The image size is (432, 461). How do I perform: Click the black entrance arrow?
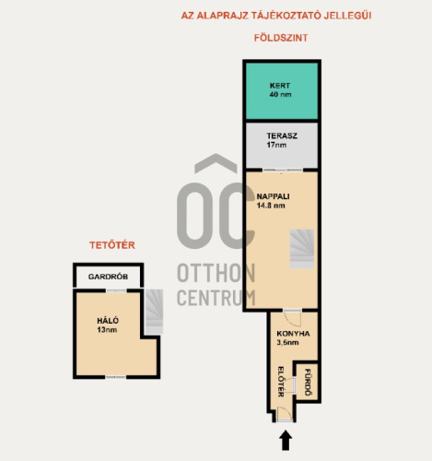[286, 440]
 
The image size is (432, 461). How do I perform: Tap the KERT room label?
[280, 86]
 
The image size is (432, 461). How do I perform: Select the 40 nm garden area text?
[280, 94]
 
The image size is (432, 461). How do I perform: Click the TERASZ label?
[282, 136]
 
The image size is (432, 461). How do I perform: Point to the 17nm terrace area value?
[276, 145]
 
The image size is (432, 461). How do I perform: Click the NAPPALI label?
[273, 196]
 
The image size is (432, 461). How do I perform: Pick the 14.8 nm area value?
[271, 206]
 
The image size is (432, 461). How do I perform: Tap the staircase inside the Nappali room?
[302, 249]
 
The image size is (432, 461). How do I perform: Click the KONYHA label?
[293, 334]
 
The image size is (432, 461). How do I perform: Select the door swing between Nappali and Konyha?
[292, 318]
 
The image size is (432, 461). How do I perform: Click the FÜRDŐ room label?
[308, 383]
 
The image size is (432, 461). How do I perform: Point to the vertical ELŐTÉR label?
[281, 382]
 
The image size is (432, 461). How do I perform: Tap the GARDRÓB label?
[108, 277]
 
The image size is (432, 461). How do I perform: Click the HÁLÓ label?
[108, 321]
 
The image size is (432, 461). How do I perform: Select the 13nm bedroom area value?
[107, 330]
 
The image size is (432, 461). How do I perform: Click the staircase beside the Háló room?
[154, 312]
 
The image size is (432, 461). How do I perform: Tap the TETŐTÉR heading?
[112, 245]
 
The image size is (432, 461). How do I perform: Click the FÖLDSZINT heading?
[281, 38]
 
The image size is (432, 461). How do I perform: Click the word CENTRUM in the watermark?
[216, 298]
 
